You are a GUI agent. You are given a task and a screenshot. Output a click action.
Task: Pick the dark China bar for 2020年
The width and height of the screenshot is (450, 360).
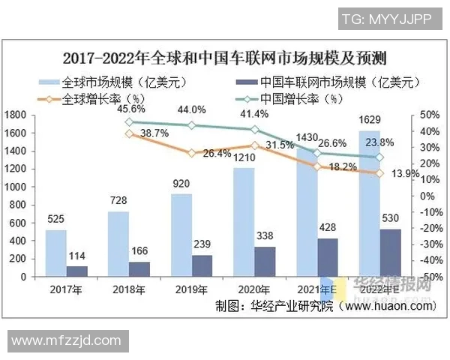[x=265, y=261]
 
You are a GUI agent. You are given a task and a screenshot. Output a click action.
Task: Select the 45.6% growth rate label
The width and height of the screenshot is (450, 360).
[x=132, y=109]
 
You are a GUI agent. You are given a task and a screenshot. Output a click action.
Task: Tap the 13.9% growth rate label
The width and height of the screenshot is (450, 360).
[x=406, y=173]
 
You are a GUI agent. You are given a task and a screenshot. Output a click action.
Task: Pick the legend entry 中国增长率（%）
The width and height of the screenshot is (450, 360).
[x=300, y=97]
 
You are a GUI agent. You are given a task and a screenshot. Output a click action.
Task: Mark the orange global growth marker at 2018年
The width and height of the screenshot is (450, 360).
[x=129, y=133]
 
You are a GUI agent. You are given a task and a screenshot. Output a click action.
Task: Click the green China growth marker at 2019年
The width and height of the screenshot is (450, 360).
[x=192, y=125]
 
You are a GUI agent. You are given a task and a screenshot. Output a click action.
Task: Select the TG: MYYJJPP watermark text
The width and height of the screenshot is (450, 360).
[x=386, y=19]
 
